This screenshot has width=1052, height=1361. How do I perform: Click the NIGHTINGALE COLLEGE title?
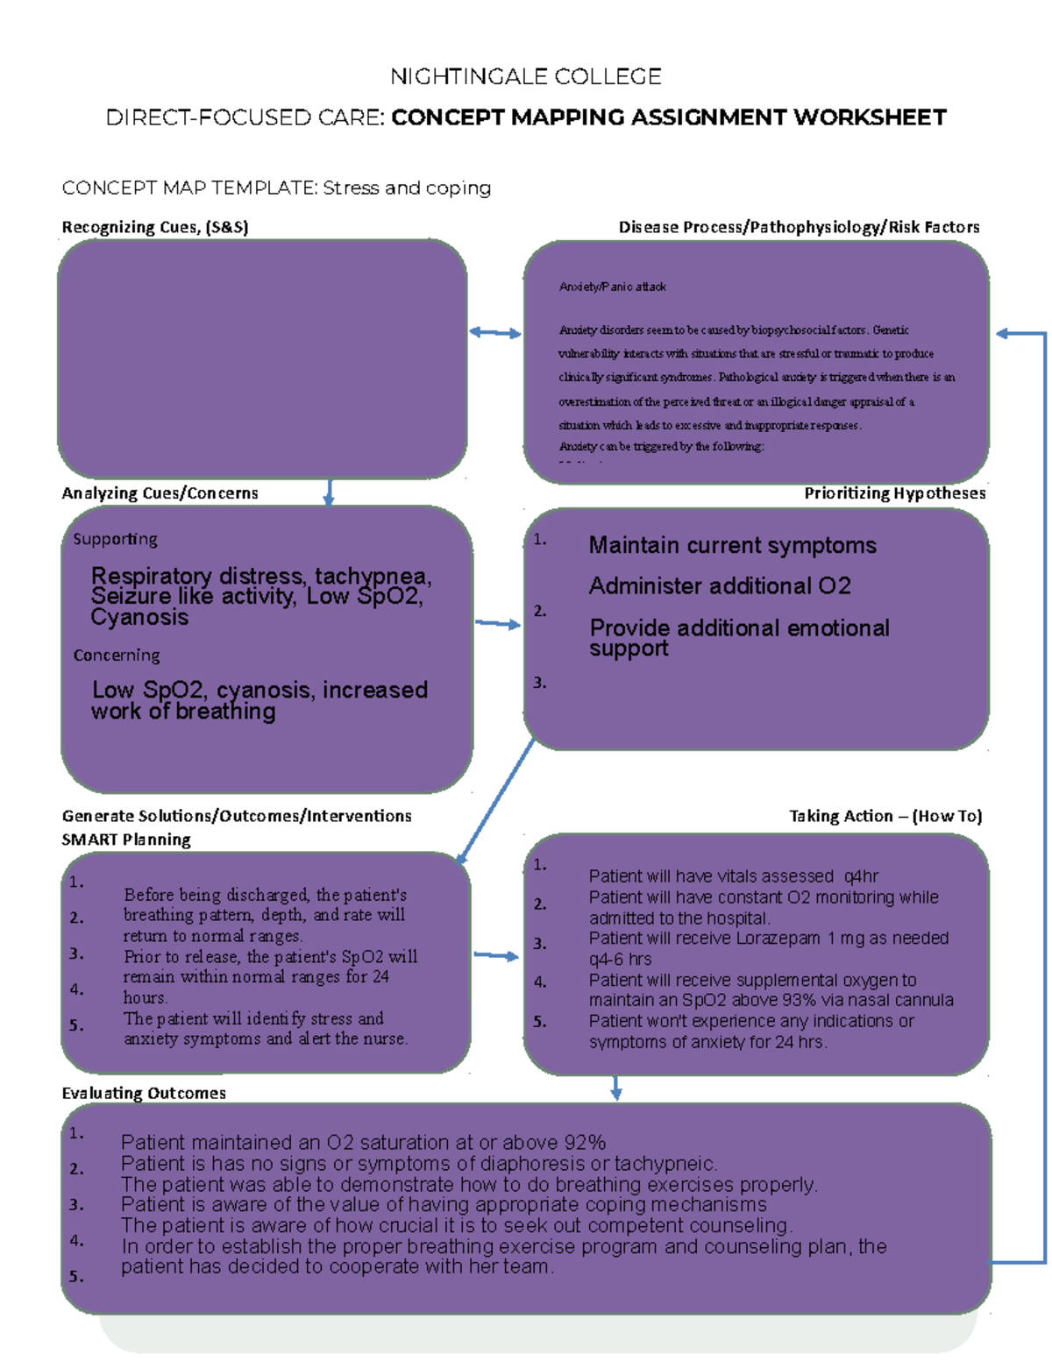point(525,77)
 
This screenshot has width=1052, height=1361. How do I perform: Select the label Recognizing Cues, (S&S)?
point(155,227)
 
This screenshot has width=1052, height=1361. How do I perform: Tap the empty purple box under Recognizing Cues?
point(261,359)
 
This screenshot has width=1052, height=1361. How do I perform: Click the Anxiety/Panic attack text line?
point(612,287)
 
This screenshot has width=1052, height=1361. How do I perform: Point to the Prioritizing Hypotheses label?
point(894,493)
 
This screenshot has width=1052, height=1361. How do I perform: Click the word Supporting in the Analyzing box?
point(115,539)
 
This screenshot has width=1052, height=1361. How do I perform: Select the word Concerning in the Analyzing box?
point(117,656)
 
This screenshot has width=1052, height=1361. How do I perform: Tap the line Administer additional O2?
point(720,585)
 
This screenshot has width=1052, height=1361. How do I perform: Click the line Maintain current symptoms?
point(732,545)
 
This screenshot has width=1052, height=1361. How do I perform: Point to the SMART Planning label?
point(126,840)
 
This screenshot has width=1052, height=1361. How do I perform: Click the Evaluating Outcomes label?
point(144,1093)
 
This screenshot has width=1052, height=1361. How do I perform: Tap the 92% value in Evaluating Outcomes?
point(585,1143)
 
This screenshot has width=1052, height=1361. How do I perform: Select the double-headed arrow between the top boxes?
point(495,332)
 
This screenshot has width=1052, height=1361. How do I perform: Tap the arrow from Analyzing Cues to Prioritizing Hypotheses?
point(497,624)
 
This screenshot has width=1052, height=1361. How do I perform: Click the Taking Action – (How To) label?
point(885,816)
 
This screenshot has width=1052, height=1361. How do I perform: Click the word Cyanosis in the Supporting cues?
point(139,617)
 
